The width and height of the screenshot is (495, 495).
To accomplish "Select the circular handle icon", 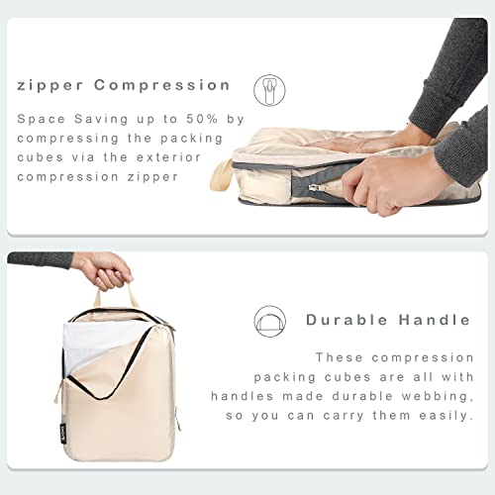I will pyautogui.click(x=268, y=319).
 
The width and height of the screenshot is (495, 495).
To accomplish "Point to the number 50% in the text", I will pyautogui.click(x=202, y=119).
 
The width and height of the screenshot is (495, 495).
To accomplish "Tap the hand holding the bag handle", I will pyautogui.click(x=103, y=267).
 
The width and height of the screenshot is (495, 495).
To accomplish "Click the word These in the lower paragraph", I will pyautogui.click(x=340, y=356).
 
